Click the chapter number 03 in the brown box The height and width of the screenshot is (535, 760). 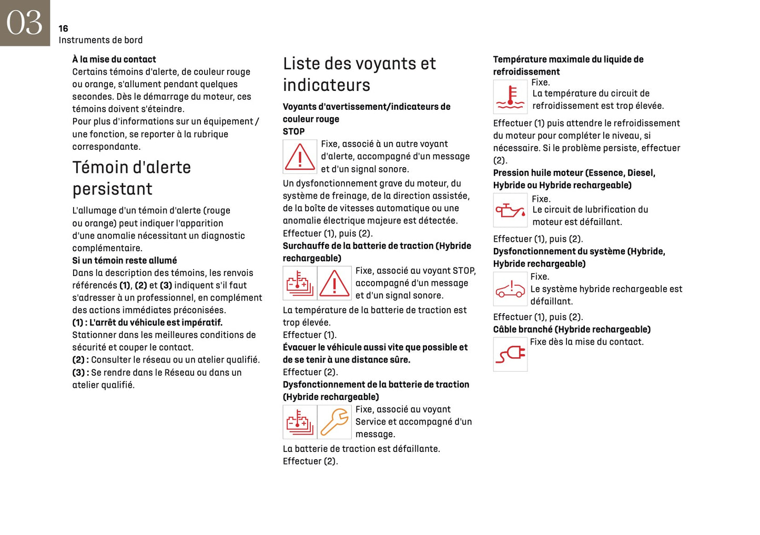point(24,23)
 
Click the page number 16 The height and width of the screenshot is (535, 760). point(63,28)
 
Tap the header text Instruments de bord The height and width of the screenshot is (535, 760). point(100,40)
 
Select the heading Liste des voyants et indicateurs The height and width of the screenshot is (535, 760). point(359,74)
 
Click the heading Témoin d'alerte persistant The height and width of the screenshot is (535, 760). point(131,178)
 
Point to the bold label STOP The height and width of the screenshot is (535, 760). point(293,131)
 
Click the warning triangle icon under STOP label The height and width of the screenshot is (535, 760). point(300,157)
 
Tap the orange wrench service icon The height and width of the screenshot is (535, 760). point(335,422)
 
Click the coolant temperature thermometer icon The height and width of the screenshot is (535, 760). point(510,97)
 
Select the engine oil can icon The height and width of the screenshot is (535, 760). point(510,210)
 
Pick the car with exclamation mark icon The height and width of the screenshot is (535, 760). point(510,289)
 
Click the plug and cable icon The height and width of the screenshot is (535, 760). point(510,354)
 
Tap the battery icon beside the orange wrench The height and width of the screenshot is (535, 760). point(300,422)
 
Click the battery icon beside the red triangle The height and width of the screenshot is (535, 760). point(300,283)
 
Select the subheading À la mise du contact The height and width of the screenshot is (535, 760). point(114,59)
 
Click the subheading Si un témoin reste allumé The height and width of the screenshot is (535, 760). point(125,260)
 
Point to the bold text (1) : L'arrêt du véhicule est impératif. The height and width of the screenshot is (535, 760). point(147,322)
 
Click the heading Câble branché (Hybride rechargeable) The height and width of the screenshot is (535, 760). point(572,330)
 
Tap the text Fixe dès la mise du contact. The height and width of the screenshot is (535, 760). point(586,342)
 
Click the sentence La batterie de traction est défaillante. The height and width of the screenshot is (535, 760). point(361,448)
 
